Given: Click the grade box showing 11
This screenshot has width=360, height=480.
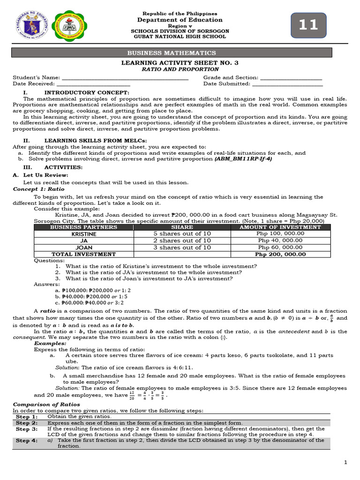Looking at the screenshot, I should pos(308,25).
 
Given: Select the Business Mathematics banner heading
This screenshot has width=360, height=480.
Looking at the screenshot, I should pos(180,53).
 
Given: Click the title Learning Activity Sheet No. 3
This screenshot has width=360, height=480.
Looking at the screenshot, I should pos(180,62).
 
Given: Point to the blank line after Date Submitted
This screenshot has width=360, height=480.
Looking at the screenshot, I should pos(287,84).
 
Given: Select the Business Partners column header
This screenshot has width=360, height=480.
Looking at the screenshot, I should pos(83,227).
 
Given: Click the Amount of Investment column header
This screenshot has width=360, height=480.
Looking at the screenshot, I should pos(280,227).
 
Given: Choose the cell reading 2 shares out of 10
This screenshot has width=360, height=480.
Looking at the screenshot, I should pos(182,240).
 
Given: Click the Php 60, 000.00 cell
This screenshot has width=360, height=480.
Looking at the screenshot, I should pos(280,247).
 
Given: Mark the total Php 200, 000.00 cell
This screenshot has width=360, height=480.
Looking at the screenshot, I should pos(280,254).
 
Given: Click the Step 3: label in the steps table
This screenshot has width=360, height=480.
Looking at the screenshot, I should pos(27,429).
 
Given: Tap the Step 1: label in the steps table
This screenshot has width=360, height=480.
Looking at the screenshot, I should pos(27,417).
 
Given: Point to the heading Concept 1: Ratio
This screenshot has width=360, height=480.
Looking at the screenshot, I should pos(38,189).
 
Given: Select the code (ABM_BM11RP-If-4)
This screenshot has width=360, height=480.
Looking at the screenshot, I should pos(243,159).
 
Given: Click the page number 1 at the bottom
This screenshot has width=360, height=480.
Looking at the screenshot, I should pos(345,463).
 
